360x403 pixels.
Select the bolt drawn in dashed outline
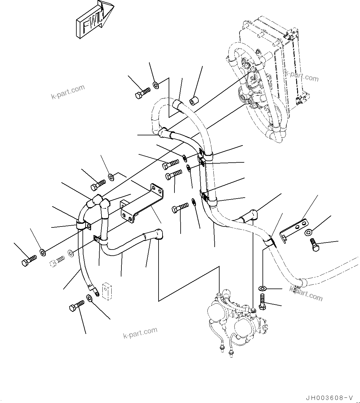click(x=57, y=261)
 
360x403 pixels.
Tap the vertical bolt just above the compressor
click(x=262, y=303)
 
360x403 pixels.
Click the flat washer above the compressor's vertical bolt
click(x=262, y=289)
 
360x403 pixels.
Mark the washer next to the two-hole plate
click(x=309, y=232)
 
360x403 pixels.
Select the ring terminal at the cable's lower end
click(x=96, y=293)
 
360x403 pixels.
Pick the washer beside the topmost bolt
click(x=156, y=85)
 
